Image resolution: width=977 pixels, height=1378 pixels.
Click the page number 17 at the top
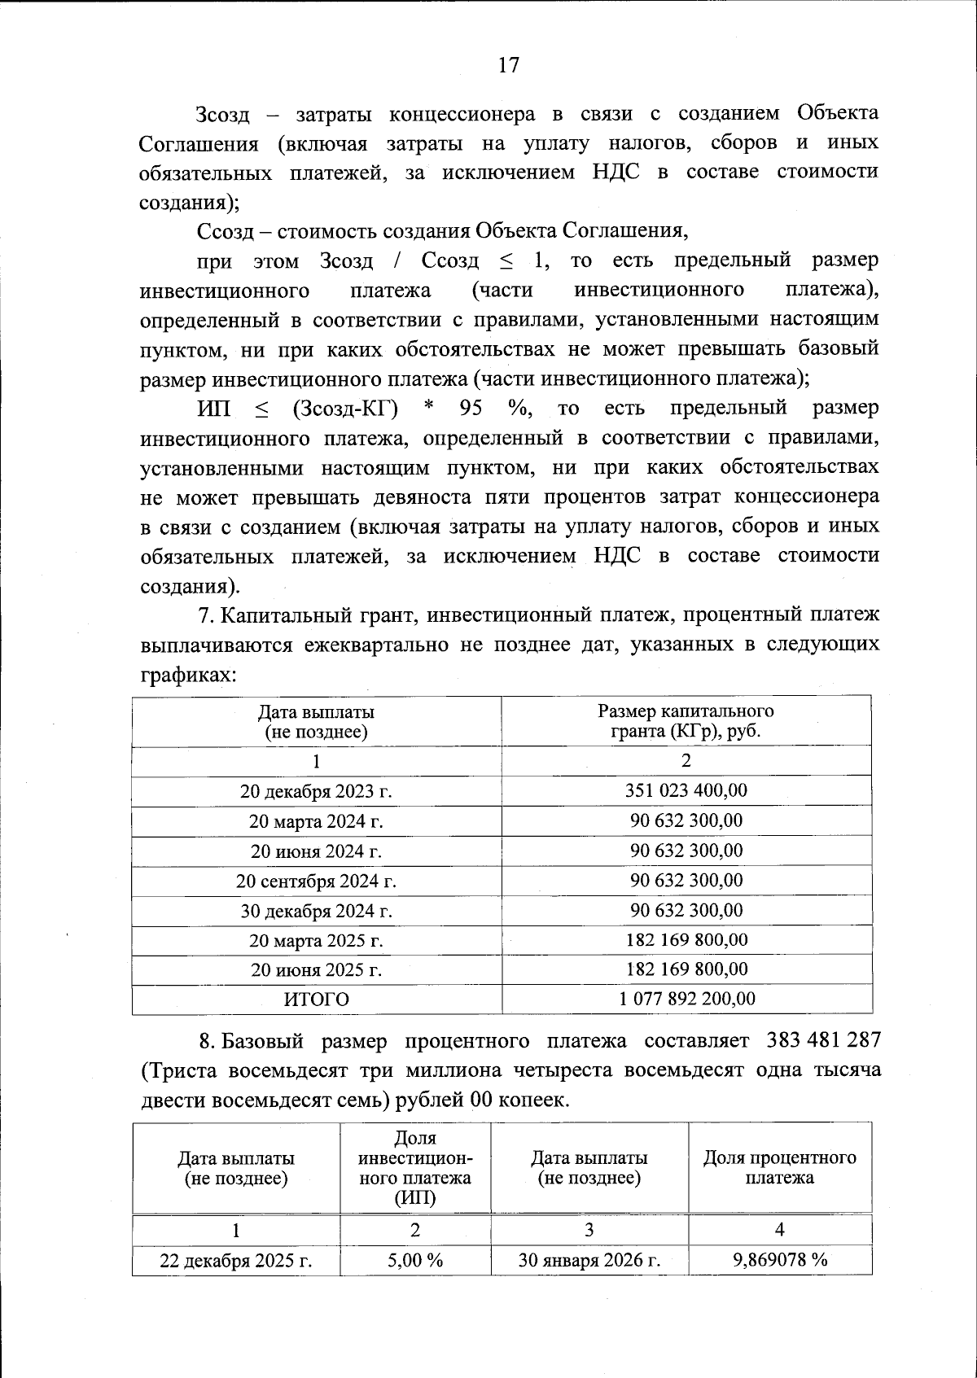click(x=508, y=65)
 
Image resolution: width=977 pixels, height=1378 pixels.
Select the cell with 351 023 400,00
click(x=686, y=790)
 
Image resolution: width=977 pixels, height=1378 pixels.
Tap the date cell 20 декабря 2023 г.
click(x=316, y=791)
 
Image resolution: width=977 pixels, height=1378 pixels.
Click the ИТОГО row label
click(x=316, y=1000)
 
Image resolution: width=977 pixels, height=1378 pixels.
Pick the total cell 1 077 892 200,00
click(x=686, y=999)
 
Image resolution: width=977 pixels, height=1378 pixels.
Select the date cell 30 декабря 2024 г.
click(x=316, y=911)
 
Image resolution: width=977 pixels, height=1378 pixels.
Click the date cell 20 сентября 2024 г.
click(x=316, y=881)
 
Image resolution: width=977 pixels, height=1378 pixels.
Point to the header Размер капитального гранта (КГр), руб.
click(x=686, y=720)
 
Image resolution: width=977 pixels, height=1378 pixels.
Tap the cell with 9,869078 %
click(x=780, y=1260)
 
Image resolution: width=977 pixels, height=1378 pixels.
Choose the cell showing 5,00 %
click(x=415, y=1260)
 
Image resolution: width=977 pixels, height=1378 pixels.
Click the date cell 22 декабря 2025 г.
click(x=236, y=1261)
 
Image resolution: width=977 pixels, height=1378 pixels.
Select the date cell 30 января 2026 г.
click(x=589, y=1261)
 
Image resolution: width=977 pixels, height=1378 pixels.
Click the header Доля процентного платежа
click(x=780, y=1167)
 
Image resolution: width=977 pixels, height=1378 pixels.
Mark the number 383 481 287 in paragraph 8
click(x=823, y=1041)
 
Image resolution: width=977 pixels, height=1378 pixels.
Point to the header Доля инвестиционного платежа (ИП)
click(x=415, y=1167)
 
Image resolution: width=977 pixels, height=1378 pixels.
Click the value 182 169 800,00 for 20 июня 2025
click(x=686, y=969)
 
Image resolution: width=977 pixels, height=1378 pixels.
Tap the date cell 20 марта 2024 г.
click(x=316, y=821)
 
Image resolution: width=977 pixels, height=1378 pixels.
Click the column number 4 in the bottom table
click(x=780, y=1229)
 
